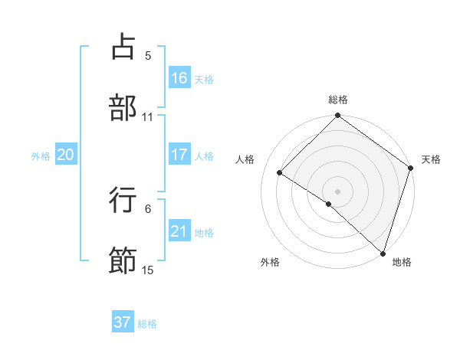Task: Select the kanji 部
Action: coord(123,106)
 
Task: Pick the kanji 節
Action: coord(123,260)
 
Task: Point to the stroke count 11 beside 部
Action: coord(148,116)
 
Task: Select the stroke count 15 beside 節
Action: coord(148,270)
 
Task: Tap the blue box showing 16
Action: coord(179,78)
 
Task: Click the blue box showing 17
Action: coord(179,155)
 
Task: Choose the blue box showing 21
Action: coord(179,231)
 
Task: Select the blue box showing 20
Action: coord(65,155)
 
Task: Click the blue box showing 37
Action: coord(123,322)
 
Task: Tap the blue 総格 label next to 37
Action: coord(147,324)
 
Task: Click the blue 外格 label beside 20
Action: coord(41,156)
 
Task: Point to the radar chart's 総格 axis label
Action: coord(337,100)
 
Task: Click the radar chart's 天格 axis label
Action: coord(431,159)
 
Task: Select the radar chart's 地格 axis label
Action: coord(402,262)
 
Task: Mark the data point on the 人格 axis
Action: coord(280,173)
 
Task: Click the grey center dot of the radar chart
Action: coord(337,191)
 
